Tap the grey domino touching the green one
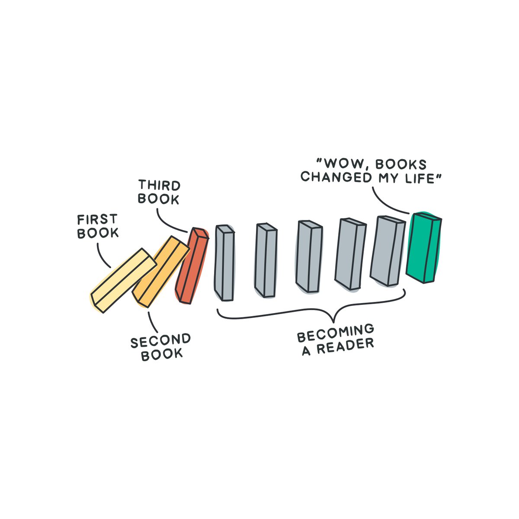[x=388, y=251]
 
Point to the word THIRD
[x=159, y=186]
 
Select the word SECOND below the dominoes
[x=160, y=341]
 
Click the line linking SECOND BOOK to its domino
[x=152, y=322]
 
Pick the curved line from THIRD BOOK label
[x=167, y=221]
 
